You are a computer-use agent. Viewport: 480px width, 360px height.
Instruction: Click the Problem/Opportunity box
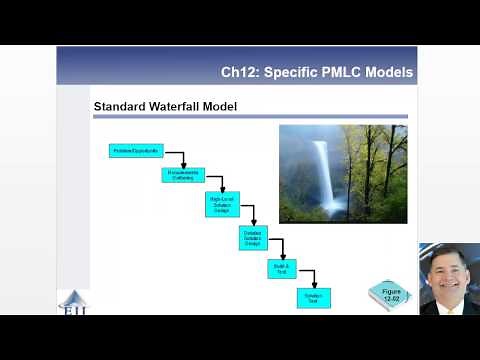click(x=135, y=151)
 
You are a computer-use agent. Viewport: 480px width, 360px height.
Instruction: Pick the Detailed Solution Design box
click(x=253, y=238)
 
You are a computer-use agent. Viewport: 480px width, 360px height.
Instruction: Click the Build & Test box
click(x=282, y=268)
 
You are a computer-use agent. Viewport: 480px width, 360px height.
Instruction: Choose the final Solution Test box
click(x=313, y=298)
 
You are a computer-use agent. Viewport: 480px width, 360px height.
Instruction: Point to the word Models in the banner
click(x=389, y=73)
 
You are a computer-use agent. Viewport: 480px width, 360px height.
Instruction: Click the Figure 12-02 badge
click(x=388, y=294)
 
